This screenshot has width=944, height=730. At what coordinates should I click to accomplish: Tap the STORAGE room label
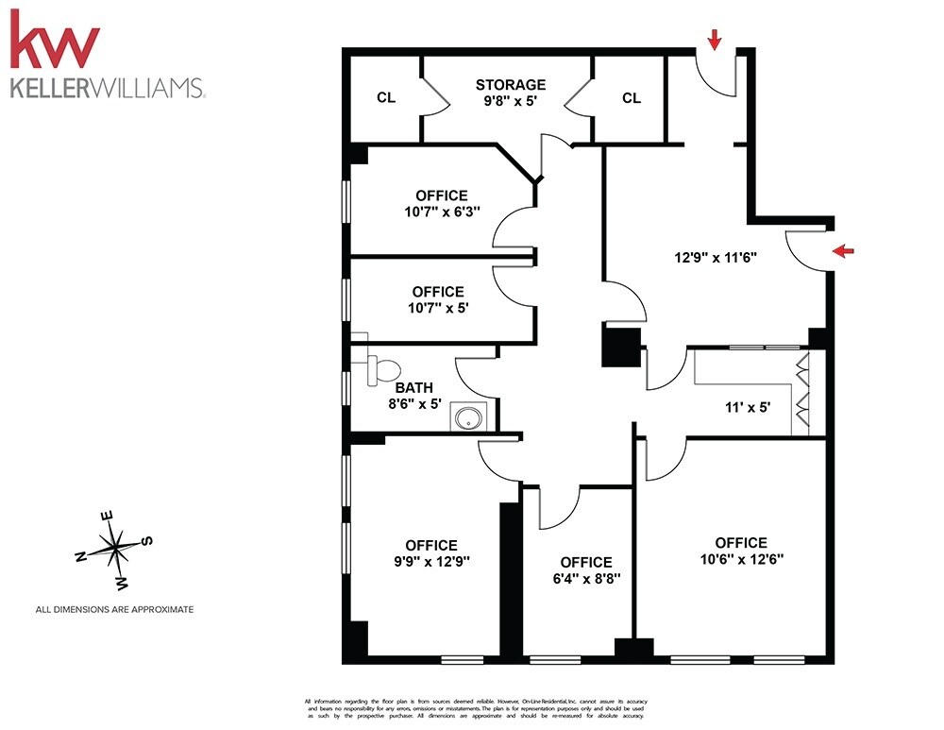[x=510, y=84]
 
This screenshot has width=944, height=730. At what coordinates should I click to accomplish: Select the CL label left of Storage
[x=385, y=97]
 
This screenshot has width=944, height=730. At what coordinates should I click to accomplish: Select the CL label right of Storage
[x=631, y=97]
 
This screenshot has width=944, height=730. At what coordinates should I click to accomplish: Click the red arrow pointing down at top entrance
[x=715, y=39]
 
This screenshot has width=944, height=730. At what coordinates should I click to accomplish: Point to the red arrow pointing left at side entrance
[x=843, y=250]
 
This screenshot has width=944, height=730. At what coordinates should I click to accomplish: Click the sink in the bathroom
[x=466, y=416]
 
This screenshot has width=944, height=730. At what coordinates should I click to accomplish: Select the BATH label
[x=413, y=386]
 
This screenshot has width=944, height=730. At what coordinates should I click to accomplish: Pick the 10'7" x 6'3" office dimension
[x=442, y=212]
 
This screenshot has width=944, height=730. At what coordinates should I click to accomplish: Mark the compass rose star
[x=114, y=546]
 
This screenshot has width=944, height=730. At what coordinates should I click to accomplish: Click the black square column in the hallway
[x=621, y=346]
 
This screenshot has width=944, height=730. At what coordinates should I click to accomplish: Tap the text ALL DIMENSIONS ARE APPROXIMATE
[x=114, y=610]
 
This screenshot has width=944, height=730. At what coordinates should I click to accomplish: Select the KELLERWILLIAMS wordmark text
[x=106, y=88]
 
